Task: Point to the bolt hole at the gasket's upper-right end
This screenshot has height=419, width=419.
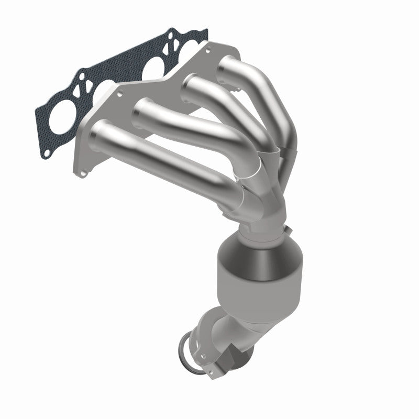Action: pos(201,36)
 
